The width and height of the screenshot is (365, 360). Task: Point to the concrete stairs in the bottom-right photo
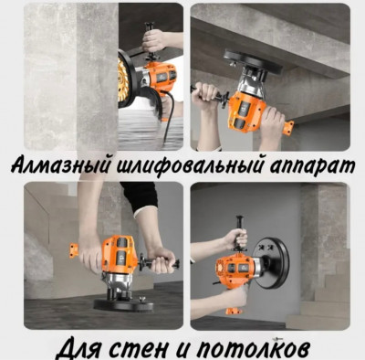328,292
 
